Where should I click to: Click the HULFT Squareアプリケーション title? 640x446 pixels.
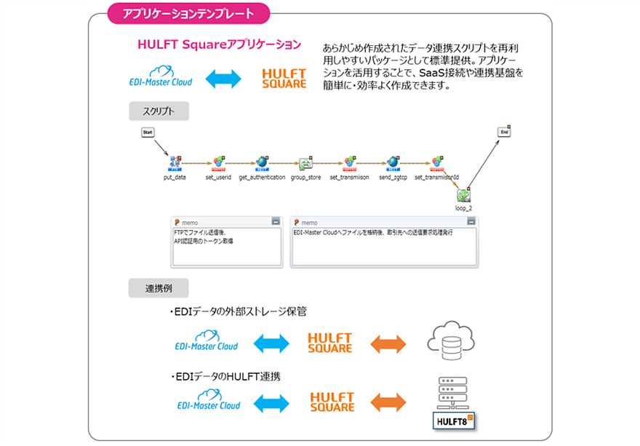tap(219, 44)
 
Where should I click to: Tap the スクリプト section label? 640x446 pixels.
tap(159, 111)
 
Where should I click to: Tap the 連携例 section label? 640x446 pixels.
tap(159, 287)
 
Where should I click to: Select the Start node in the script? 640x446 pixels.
tap(148, 132)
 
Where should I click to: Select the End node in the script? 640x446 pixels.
tap(503, 132)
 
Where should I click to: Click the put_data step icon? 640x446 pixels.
tap(175, 163)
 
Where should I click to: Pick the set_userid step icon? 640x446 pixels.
tap(218, 163)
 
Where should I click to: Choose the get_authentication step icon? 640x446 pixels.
tap(262, 163)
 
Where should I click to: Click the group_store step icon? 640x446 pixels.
tap(306, 163)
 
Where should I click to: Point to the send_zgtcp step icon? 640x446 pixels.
tap(393, 163)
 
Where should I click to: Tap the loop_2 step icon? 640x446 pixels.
tap(463, 194)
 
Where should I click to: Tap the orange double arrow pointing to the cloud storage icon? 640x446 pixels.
tap(388, 343)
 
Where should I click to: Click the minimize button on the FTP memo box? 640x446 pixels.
tap(275, 221)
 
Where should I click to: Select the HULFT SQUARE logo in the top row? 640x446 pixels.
tap(284, 79)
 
